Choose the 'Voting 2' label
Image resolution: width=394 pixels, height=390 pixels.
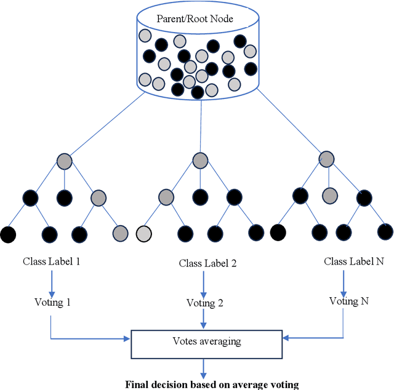tap(204, 303)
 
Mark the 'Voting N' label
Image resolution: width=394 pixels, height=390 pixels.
tap(349, 301)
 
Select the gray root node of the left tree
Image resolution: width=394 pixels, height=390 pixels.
tap(64, 162)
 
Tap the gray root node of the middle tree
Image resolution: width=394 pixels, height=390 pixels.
tap(200, 161)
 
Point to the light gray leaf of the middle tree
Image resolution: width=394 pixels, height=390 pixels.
tap(143, 234)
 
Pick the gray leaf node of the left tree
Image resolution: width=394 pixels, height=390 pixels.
tap(121, 233)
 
